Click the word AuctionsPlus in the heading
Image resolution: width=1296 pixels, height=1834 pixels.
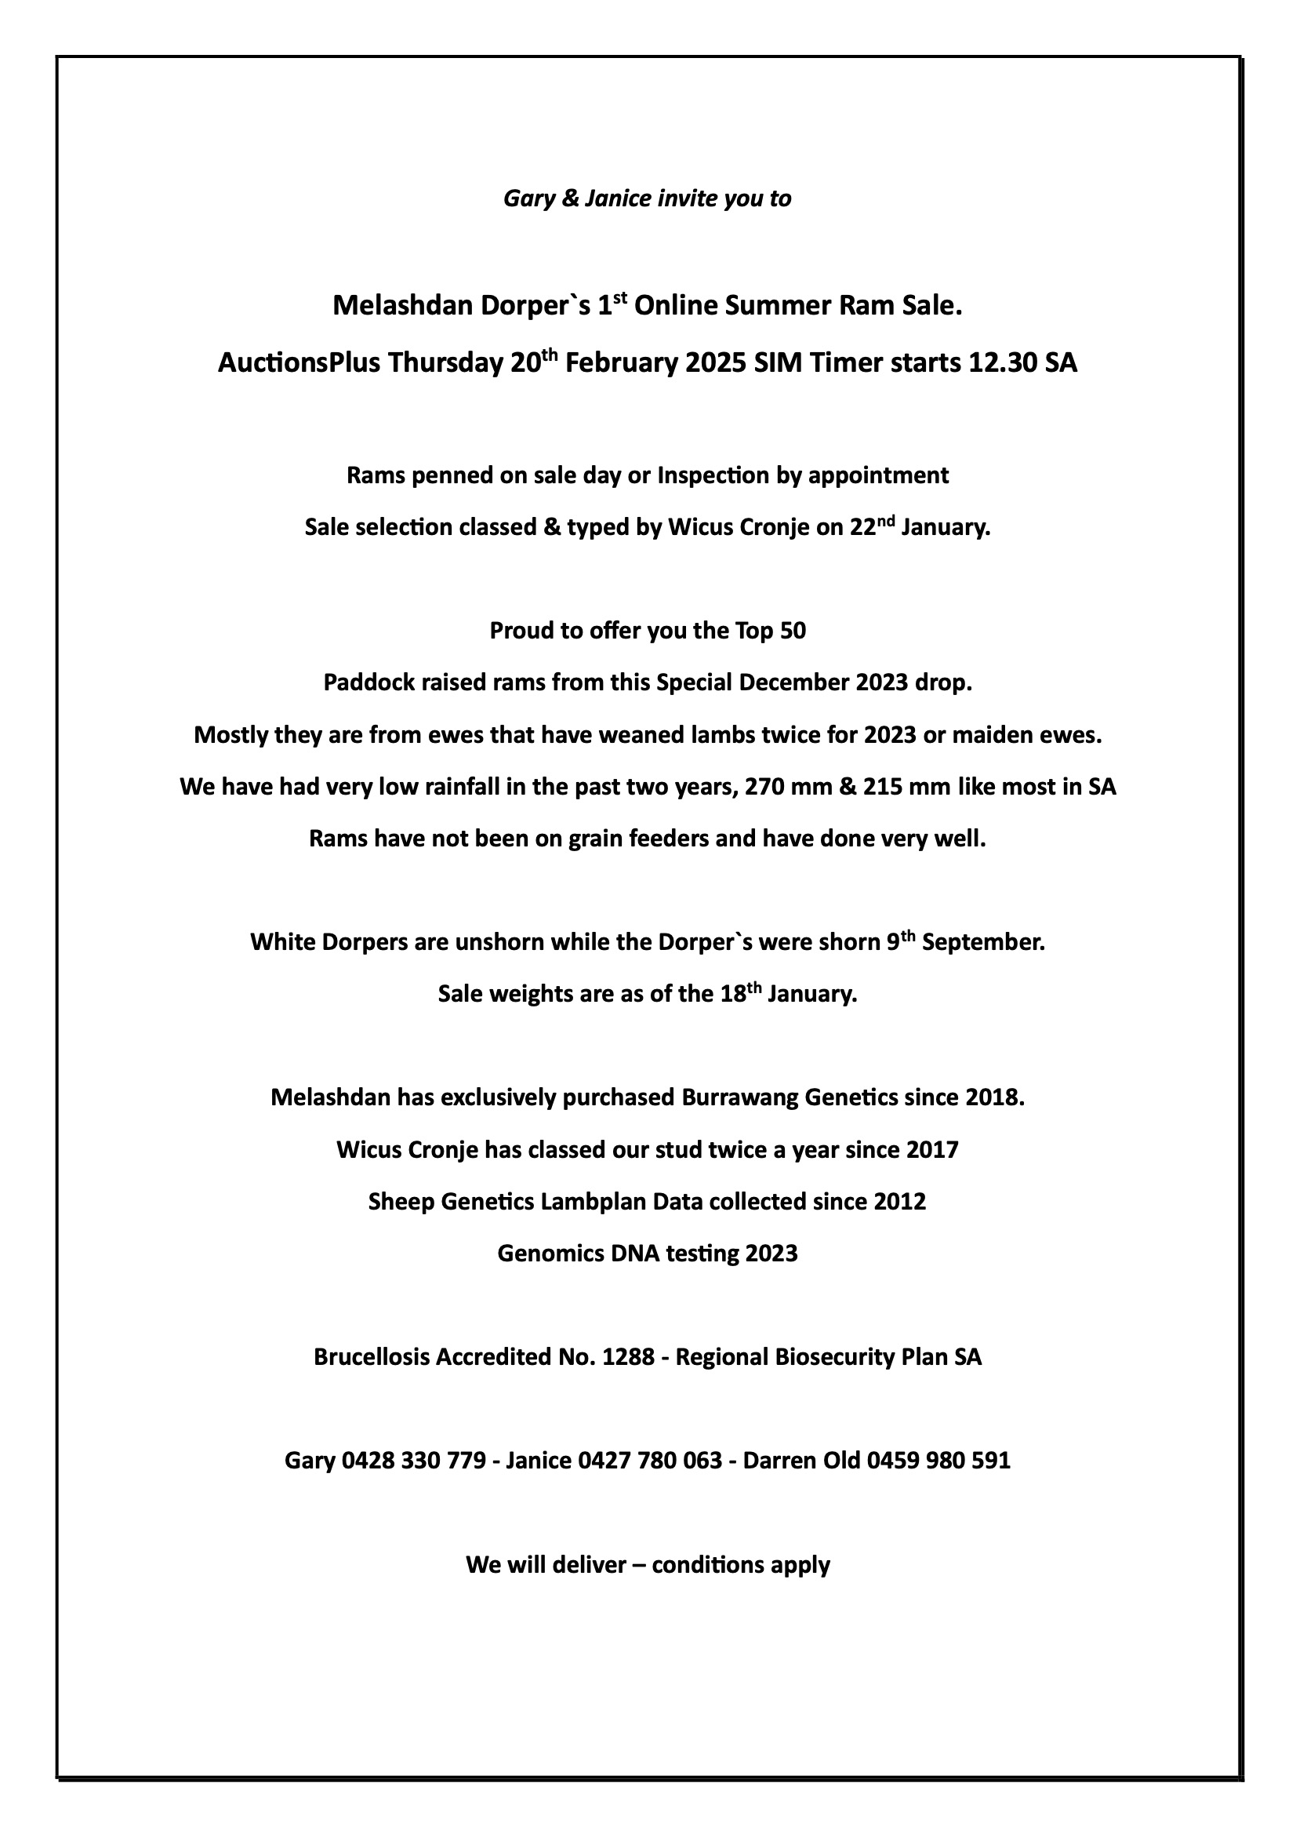click(x=299, y=363)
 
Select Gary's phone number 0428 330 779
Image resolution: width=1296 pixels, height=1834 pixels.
click(x=414, y=1461)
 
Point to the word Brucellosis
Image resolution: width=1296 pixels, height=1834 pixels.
click(x=372, y=1357)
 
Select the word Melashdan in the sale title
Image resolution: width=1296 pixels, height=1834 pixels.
click(x=402, y=306)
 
